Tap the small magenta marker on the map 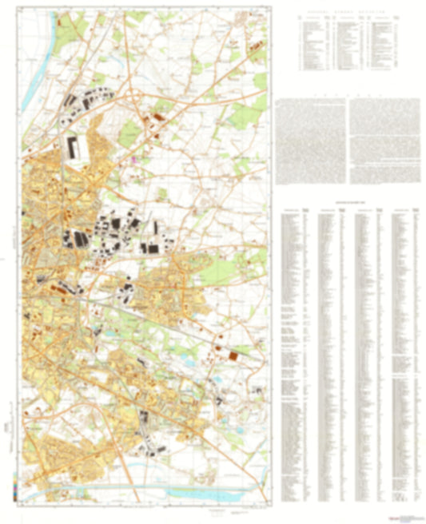(134, 159)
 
